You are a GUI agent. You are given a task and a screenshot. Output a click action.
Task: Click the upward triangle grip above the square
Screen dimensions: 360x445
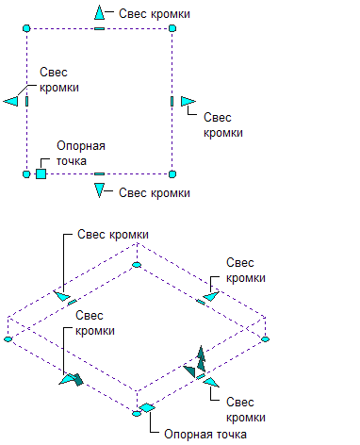tap(99, 12)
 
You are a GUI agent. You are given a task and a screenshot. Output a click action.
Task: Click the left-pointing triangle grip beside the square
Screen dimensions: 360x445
tap(11, 101)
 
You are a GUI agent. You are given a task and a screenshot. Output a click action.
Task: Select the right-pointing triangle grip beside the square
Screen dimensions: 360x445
tap(188, 101)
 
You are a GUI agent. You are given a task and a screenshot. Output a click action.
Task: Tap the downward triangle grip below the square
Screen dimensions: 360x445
tap(99, 190)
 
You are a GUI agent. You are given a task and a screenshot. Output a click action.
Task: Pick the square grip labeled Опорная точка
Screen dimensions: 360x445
tap(41, 173)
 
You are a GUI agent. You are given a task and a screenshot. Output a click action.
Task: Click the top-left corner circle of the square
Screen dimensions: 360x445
tap(26, 28)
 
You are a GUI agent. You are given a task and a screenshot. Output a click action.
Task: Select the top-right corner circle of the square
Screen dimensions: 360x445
tap(172, 28)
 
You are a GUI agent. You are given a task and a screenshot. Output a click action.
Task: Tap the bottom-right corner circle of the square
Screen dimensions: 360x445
tap(172, 173)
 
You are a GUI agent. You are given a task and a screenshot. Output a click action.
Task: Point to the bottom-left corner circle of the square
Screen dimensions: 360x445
tap(26, 173)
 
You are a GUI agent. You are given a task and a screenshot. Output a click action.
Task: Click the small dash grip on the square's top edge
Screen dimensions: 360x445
tap(99, 28)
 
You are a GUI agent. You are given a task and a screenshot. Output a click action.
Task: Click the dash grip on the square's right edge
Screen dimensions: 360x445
tap(172, 101)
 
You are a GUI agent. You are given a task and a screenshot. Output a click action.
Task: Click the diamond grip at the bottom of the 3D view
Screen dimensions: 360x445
tap(147, 407)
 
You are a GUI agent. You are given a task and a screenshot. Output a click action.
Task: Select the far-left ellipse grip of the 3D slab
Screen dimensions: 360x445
tap(8, 339)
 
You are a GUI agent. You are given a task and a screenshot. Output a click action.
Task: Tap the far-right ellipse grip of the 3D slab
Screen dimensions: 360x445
tap(266, 339)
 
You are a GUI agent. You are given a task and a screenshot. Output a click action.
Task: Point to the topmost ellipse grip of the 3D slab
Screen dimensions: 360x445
tap(137, 265)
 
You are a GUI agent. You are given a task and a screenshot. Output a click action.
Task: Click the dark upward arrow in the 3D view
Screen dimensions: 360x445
tap(201, 359)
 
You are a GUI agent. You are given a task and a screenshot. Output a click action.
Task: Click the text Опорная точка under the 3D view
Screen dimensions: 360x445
tap(205, 435)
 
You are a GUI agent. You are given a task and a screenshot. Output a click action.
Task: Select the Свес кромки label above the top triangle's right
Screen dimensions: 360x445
tap(155, 14)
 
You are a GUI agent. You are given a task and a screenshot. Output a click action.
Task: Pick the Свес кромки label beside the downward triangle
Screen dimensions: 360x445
tap(155, 193)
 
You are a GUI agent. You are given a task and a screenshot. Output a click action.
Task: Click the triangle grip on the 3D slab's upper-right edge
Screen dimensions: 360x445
tap(211, 296)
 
